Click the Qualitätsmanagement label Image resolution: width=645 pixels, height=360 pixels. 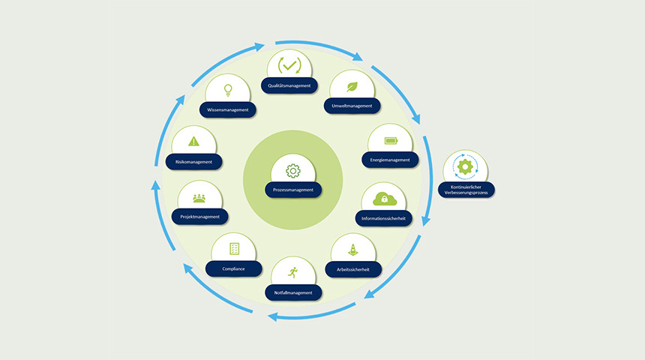click(289, 85)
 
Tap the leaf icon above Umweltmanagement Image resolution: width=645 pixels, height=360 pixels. click(352, 87)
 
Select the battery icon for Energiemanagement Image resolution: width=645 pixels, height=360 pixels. click(391, 141)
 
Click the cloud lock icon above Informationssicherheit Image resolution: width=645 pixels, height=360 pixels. click(384, 199)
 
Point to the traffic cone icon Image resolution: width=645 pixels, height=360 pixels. click(353, 250)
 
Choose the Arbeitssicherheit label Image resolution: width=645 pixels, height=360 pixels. click(353, 269)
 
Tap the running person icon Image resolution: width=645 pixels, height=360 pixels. click(293, 272)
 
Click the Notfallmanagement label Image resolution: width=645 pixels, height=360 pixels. click(293, 292)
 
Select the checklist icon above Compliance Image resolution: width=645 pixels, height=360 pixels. click(234, 248)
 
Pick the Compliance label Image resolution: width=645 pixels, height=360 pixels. click(234, 268)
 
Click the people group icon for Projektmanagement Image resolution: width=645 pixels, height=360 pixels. click(199, 198)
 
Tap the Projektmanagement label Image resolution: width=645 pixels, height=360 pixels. click(200, 217)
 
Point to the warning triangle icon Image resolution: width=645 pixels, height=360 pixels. click(193, 142)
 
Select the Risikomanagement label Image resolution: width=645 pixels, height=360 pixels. click(193, 162)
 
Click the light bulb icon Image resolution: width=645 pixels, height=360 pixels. click(228, 90)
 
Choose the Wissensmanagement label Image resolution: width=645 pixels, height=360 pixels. click(228, 109)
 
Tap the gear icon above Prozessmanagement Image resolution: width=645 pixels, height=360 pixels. click(293, 171)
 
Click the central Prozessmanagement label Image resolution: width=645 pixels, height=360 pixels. click(293, 190)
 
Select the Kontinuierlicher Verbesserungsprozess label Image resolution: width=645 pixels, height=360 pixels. click(466, 190)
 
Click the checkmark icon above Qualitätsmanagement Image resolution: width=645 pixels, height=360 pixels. click(289, 65)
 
